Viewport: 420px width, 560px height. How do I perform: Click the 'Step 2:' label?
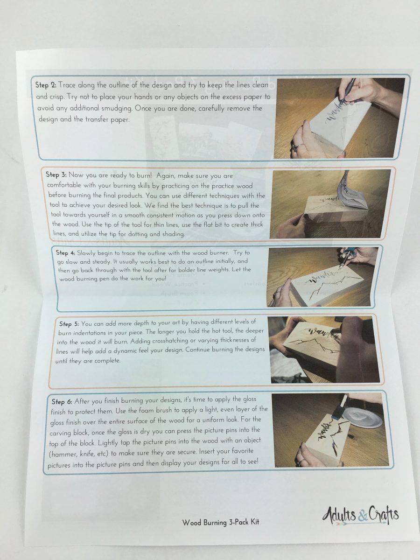pos(46,85)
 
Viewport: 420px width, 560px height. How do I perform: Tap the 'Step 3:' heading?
pos(56,175)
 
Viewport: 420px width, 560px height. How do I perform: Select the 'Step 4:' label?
pos(65,253)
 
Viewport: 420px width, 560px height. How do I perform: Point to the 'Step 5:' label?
pos(70,324)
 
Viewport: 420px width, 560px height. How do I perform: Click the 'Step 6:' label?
pos(62,402)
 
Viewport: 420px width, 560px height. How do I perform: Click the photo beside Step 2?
pos(339,119)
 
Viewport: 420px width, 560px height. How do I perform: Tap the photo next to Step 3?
pos(330,204)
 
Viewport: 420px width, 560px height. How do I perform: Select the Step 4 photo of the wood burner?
pos(322,277)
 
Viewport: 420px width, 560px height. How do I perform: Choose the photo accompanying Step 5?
pos(324,350)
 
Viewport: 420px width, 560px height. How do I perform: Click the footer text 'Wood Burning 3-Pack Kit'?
pos(221,522)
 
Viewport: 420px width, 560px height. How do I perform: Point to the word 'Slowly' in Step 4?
pos(86,253)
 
